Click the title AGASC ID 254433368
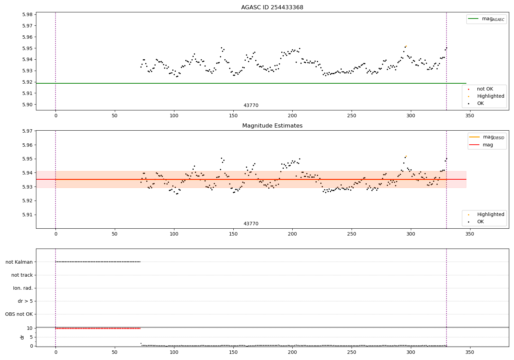(272, 8)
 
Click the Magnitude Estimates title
(272, 126)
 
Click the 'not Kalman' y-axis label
(19, 262)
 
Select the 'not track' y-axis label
(22, 275)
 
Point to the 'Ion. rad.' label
(23, 288)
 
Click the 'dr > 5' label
(25, 301)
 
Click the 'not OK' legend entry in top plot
(485, 89)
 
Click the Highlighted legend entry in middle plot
(490, 214)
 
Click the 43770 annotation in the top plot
(251, 106)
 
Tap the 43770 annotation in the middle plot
(251, 224)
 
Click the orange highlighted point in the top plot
(406, 46)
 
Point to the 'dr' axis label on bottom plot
(22, 337)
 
